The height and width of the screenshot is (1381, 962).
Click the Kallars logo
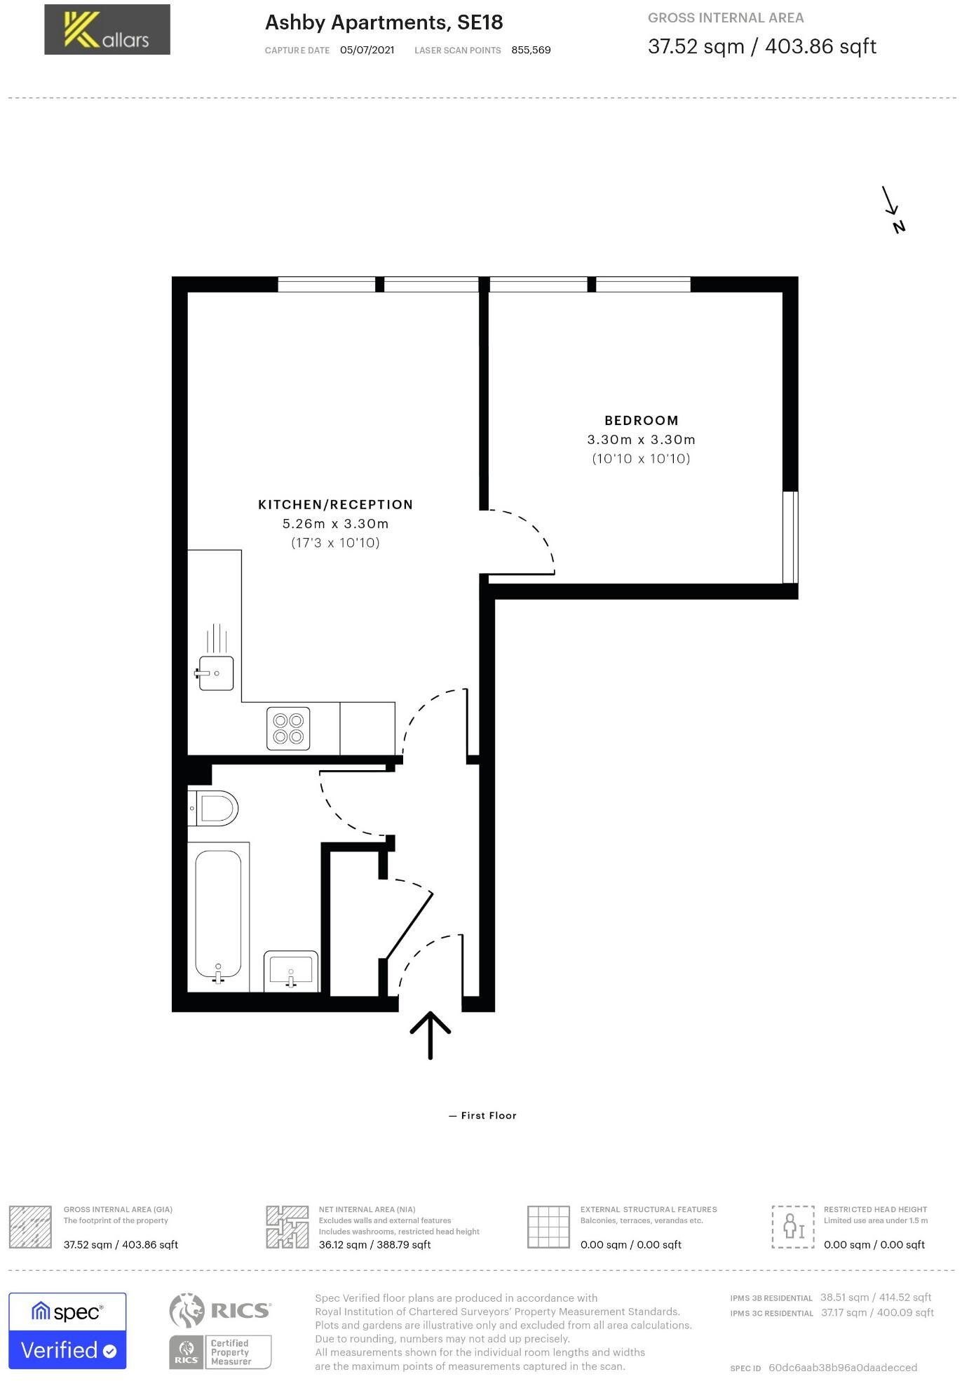pyautogui.click(x=107, y=29)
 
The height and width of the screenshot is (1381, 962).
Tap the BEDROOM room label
pyautogui.click(x=641, y=421)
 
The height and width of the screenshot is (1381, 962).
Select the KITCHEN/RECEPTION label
pyautogui.click(x=335, y=505)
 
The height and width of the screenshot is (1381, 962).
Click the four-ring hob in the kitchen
pyautogui.click(x=288, y=729)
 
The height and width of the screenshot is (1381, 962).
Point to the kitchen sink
pyautogui.click(x=215, y=673)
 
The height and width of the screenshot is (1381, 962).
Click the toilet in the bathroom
pyautogui.click(x=215, y=808)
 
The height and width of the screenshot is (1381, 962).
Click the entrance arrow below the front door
pyautogui.click(x=430, y=1034)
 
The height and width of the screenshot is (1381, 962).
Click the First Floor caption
pyautogui.click(x=483, y=1115)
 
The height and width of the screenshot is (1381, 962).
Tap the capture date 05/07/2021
pyautogui.click(x=367, y=50)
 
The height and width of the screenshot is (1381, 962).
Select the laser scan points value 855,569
pyautogui.click(x=531, y=50)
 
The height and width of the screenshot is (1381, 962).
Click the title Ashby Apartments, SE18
pyautogui.click(x=384, y=22)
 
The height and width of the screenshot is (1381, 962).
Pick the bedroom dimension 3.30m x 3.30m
pyautogui.click(x=641, y=440)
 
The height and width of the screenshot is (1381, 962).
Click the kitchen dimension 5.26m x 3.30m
pyautogui.click(x=335, y=524)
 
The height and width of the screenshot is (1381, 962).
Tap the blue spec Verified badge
pyautogui.click(x=67, y=1331)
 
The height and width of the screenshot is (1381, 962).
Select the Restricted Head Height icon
pyautogui.click(x=793, y=1227)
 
